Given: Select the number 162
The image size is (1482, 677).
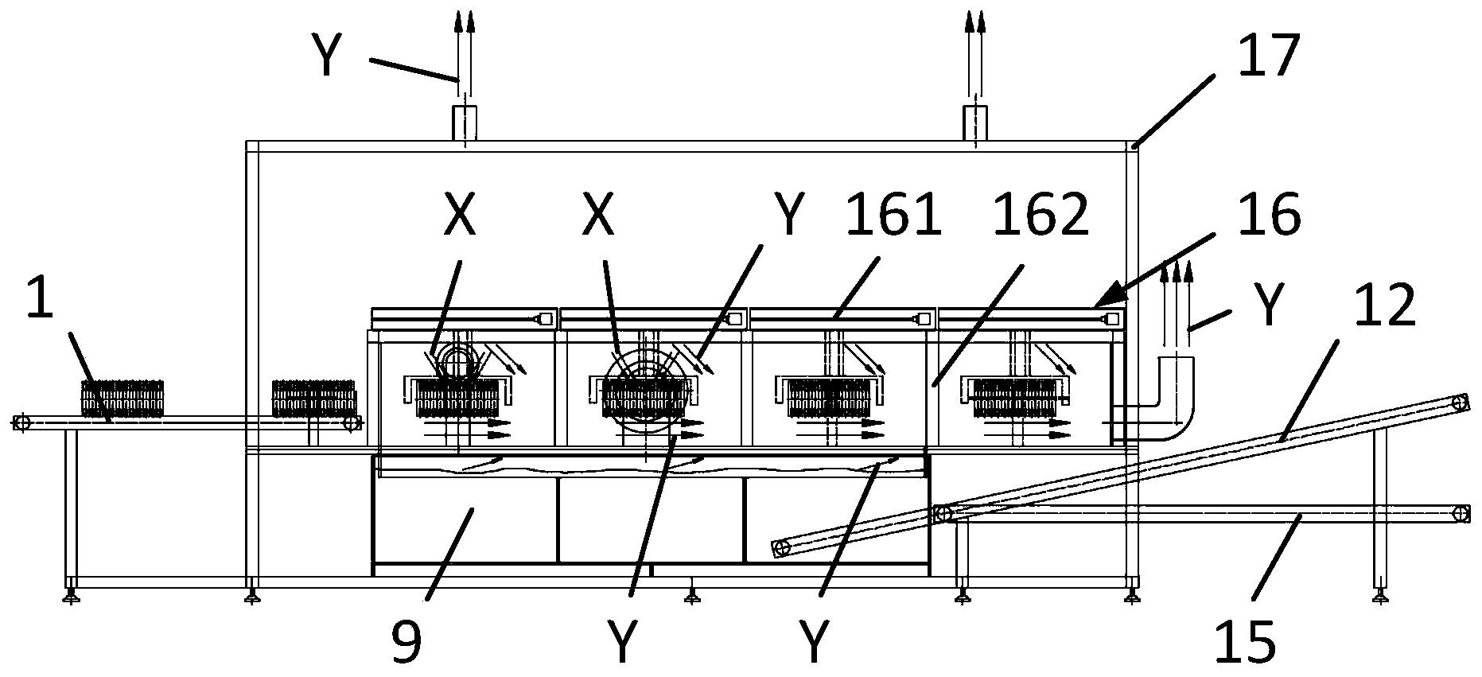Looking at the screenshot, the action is point(1041,215).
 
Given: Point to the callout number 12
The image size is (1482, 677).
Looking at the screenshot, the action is point(1387,304).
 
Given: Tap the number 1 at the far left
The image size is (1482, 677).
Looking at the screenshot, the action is point(40,298).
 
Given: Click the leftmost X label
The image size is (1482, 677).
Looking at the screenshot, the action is point(459,215).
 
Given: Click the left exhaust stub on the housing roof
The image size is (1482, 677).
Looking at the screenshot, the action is point(464,123).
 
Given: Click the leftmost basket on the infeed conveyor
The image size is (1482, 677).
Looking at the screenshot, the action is point(123,398).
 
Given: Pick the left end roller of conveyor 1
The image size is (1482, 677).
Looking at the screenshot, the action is point(21,422).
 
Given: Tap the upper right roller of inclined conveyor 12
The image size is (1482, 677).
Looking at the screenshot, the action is point(1460,402).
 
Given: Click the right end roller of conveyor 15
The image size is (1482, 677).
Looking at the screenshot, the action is point(1460,513).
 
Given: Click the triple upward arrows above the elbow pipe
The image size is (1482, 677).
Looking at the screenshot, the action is point(1177,306).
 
